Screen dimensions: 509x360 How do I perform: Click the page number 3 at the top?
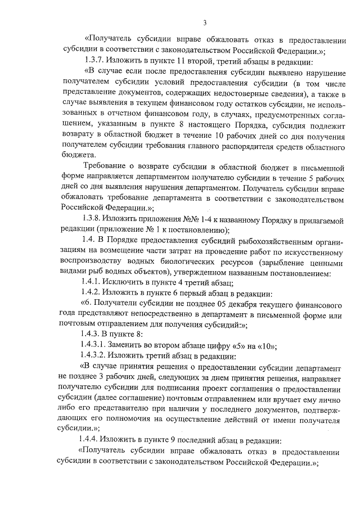205,22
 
